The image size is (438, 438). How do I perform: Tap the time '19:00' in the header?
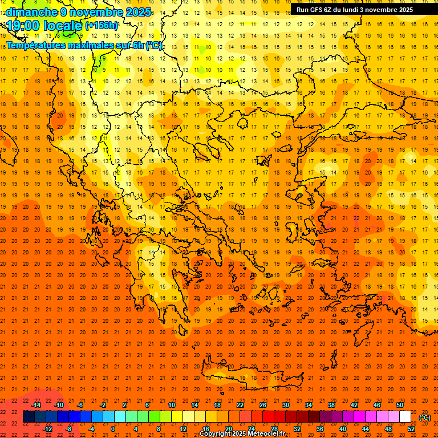(x=23, y=25)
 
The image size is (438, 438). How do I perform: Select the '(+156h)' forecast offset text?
(x=102, y=25)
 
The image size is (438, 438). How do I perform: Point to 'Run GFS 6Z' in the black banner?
(x=317, y=10)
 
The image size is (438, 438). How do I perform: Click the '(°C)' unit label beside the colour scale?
(x=425, y=417)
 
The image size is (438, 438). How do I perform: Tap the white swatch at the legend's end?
(x=405, y=417)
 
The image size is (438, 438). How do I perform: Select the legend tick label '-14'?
(x=36, y=405)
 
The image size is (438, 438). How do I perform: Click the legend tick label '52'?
(x=411, y=429)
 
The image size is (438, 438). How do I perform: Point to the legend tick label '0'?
(x=113, y=429)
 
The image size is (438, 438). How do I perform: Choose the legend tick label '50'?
(x=400, y=405)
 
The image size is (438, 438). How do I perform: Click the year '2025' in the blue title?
(x=139, y=12)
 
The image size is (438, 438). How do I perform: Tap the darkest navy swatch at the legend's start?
(x=29, y=417)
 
